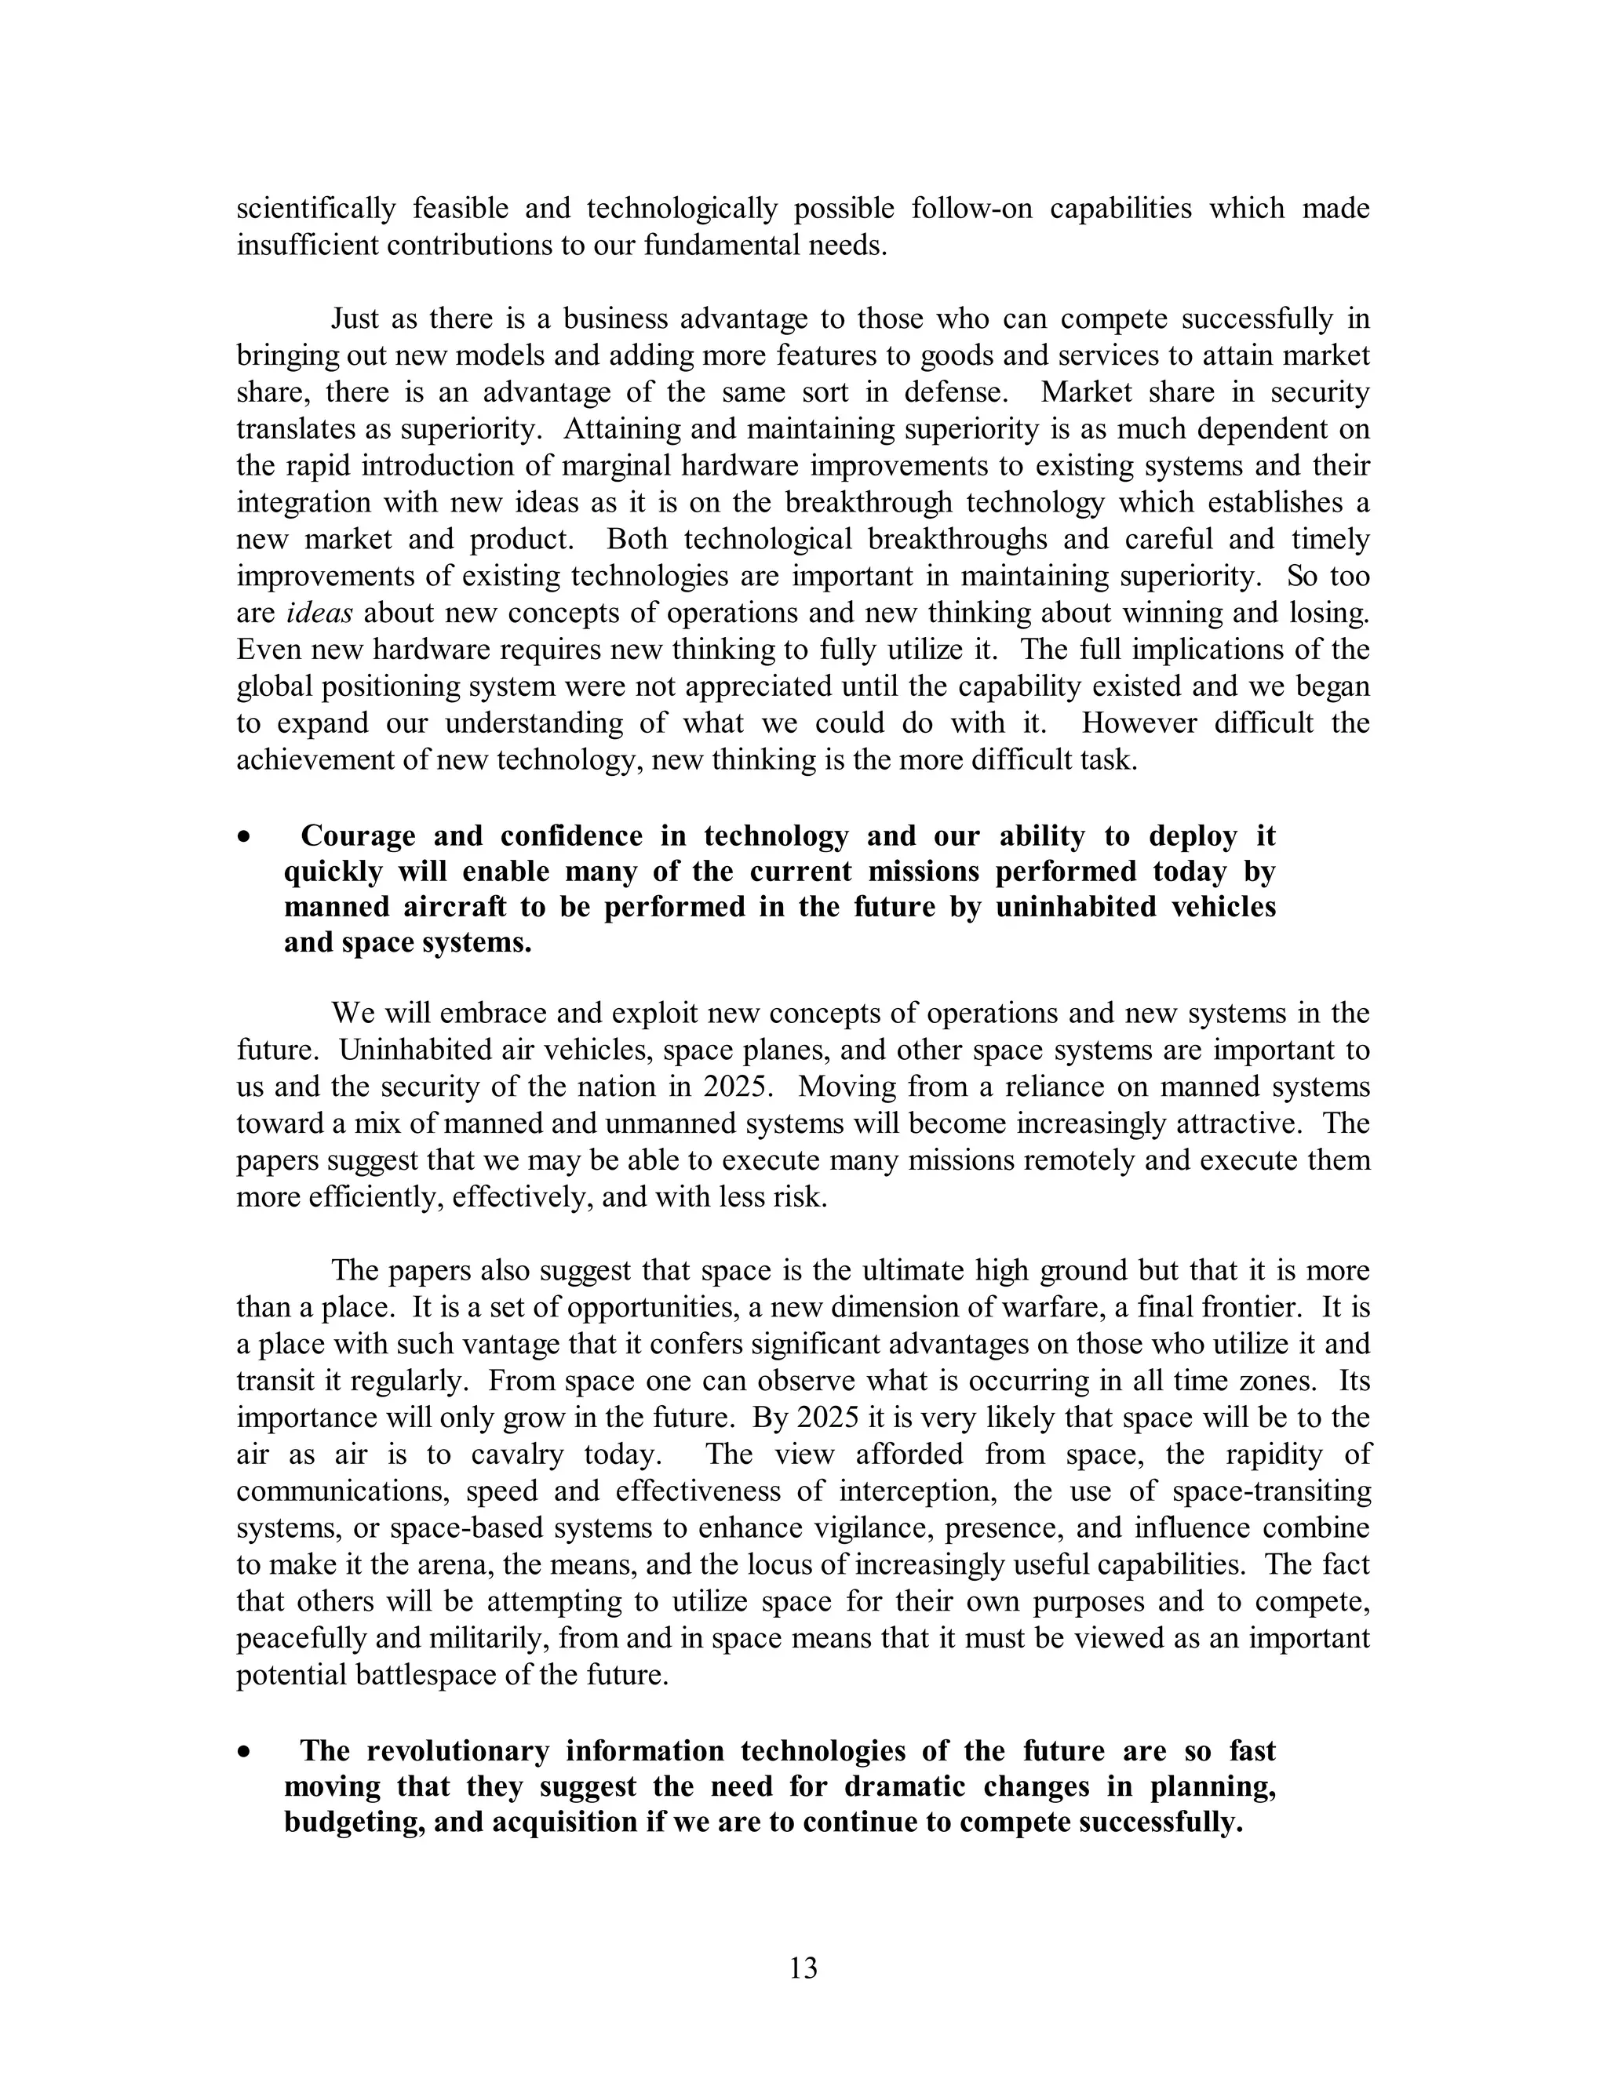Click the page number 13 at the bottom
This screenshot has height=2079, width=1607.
tap(803, 1968)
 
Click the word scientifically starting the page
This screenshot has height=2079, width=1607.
tap(316, 209)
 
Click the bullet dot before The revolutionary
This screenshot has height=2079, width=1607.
tap(246, 1753)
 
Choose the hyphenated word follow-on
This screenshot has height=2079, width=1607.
tap(971, 209)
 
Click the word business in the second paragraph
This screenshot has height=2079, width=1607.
tap(621, 319)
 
